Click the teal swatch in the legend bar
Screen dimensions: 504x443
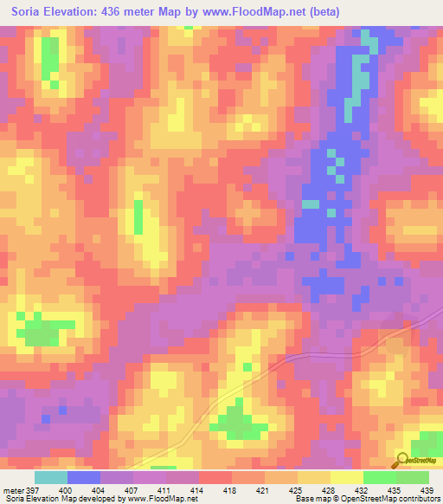click(x=51, y=477)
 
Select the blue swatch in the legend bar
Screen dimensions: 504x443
click(x=84, y=477)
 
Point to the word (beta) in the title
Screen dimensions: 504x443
click(x=319, y=12)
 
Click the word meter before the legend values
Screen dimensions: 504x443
click(x=13, y=489)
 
